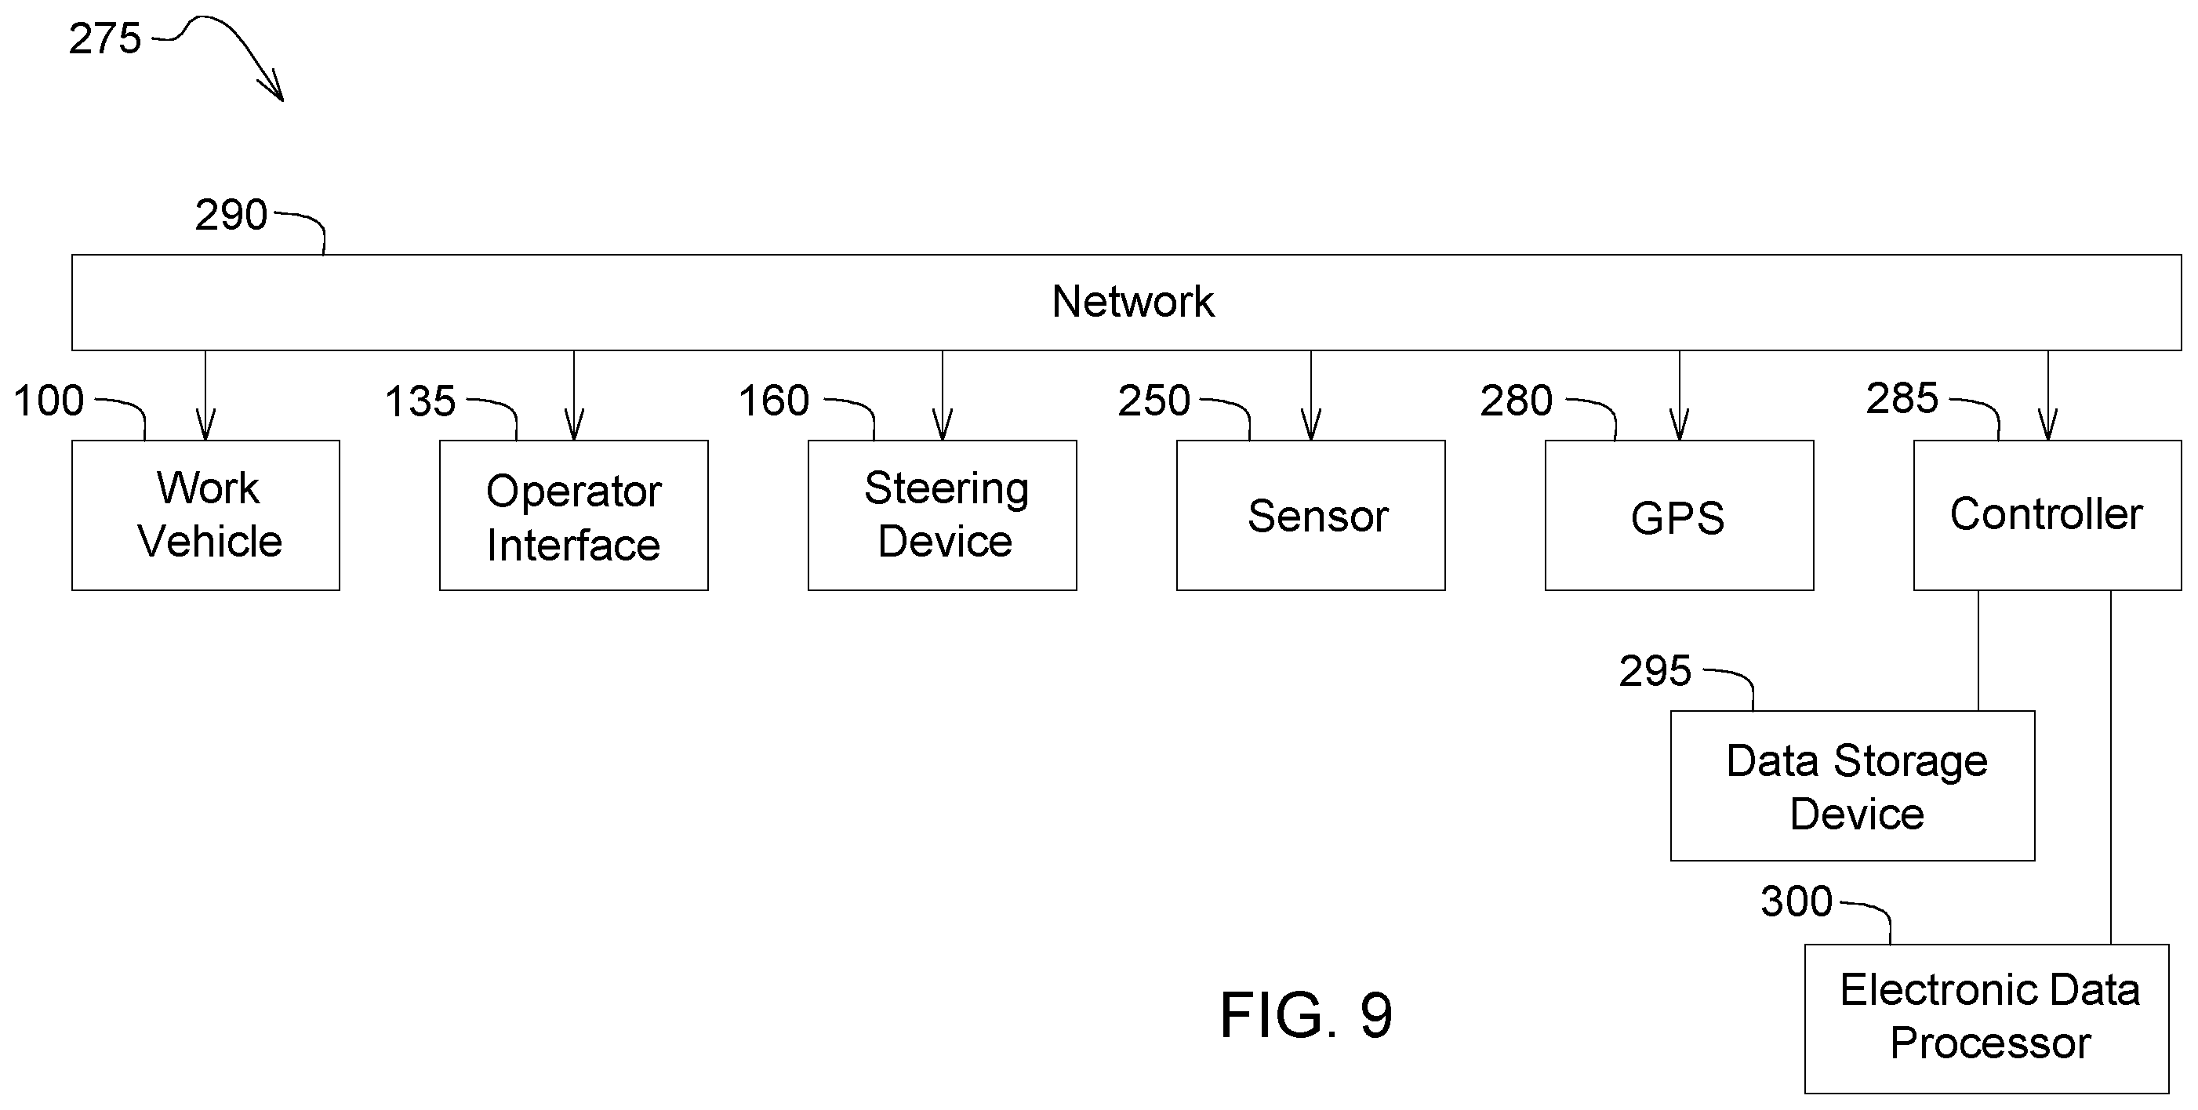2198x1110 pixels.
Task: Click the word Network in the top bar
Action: point(1132,301)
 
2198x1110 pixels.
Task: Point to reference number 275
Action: point(105,39)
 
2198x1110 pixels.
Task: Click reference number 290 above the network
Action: point(231,215)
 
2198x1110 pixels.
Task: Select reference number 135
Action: point(420,401)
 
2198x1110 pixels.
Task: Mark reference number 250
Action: point(1153,401)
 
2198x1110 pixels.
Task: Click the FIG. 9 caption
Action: point(1306,1015)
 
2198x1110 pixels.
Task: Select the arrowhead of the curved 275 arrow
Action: point(273,86)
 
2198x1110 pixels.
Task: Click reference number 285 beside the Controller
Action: point(1902,398)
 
